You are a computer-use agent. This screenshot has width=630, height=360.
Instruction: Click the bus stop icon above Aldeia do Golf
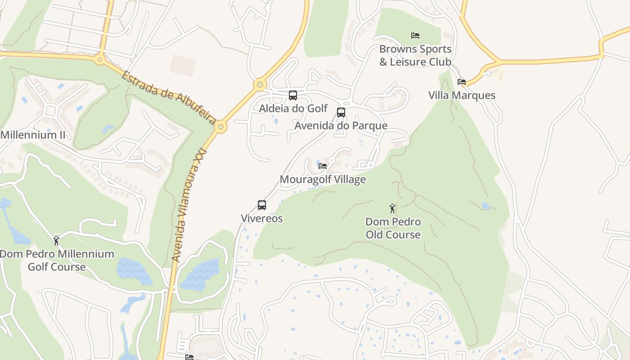point(292,95)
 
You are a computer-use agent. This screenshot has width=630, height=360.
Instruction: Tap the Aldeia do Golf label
point(293,108)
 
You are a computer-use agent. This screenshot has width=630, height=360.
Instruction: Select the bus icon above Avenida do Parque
point(341,112)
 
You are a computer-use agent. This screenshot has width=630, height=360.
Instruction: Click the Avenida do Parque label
point(341,126)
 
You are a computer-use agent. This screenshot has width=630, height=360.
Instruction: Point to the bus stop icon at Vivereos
point(262,205)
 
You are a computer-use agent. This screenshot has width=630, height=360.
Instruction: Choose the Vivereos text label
point(262,219)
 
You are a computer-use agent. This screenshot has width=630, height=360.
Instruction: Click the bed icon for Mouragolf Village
point(323,166)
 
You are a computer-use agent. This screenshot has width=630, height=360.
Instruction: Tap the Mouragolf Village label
point(323,180)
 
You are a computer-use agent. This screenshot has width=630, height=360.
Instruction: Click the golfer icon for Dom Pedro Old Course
point(393,208)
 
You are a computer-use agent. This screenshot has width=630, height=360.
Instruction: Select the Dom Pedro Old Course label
point(393,228)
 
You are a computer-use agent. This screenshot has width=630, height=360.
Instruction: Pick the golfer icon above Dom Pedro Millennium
point(56,241)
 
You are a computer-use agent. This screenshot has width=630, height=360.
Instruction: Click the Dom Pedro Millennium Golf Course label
point(57,260)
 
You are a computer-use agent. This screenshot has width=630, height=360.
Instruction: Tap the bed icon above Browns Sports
point(415,36)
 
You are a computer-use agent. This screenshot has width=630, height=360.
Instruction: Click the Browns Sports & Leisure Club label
point(415,55)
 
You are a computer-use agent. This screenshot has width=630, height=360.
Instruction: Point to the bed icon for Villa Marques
point(462,82)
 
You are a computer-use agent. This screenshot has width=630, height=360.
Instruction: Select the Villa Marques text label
point(462,95)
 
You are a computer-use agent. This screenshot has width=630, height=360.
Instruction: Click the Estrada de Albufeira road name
point(169,97)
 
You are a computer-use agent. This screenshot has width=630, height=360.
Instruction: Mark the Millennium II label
point(33,135)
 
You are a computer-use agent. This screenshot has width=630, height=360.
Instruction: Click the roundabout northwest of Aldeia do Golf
point(260,84)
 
